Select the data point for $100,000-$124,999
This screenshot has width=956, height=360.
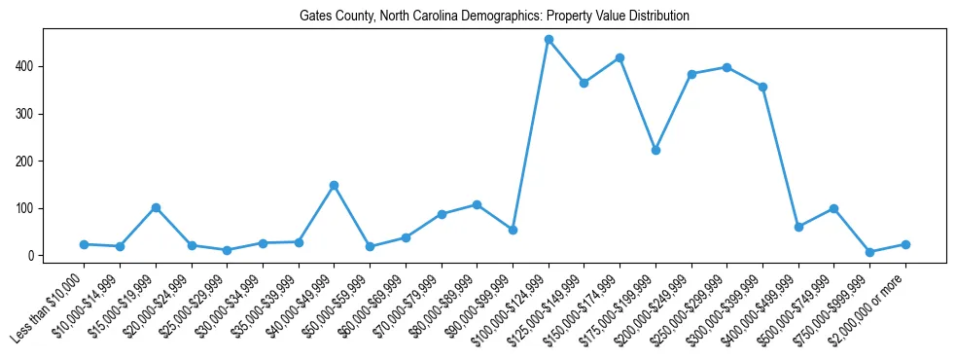(x=549, y=40)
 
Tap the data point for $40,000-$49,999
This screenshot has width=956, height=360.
(x=334, y=185)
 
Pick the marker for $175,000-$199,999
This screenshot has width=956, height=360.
(x=655, y=151)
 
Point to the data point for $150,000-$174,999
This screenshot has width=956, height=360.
(x=620, y=58)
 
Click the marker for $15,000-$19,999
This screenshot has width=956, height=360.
(x=156, y=207)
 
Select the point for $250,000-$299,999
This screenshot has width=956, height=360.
(x=726, y=67)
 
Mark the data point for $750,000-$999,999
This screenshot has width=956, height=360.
(x=869, y=252)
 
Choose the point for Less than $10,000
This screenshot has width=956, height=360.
(x=84, y=244)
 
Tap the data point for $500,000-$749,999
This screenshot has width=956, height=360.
(x=833, y=208)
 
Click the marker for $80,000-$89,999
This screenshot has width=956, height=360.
(x=477, y=204)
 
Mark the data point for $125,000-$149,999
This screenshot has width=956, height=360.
(x=584, y=83)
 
